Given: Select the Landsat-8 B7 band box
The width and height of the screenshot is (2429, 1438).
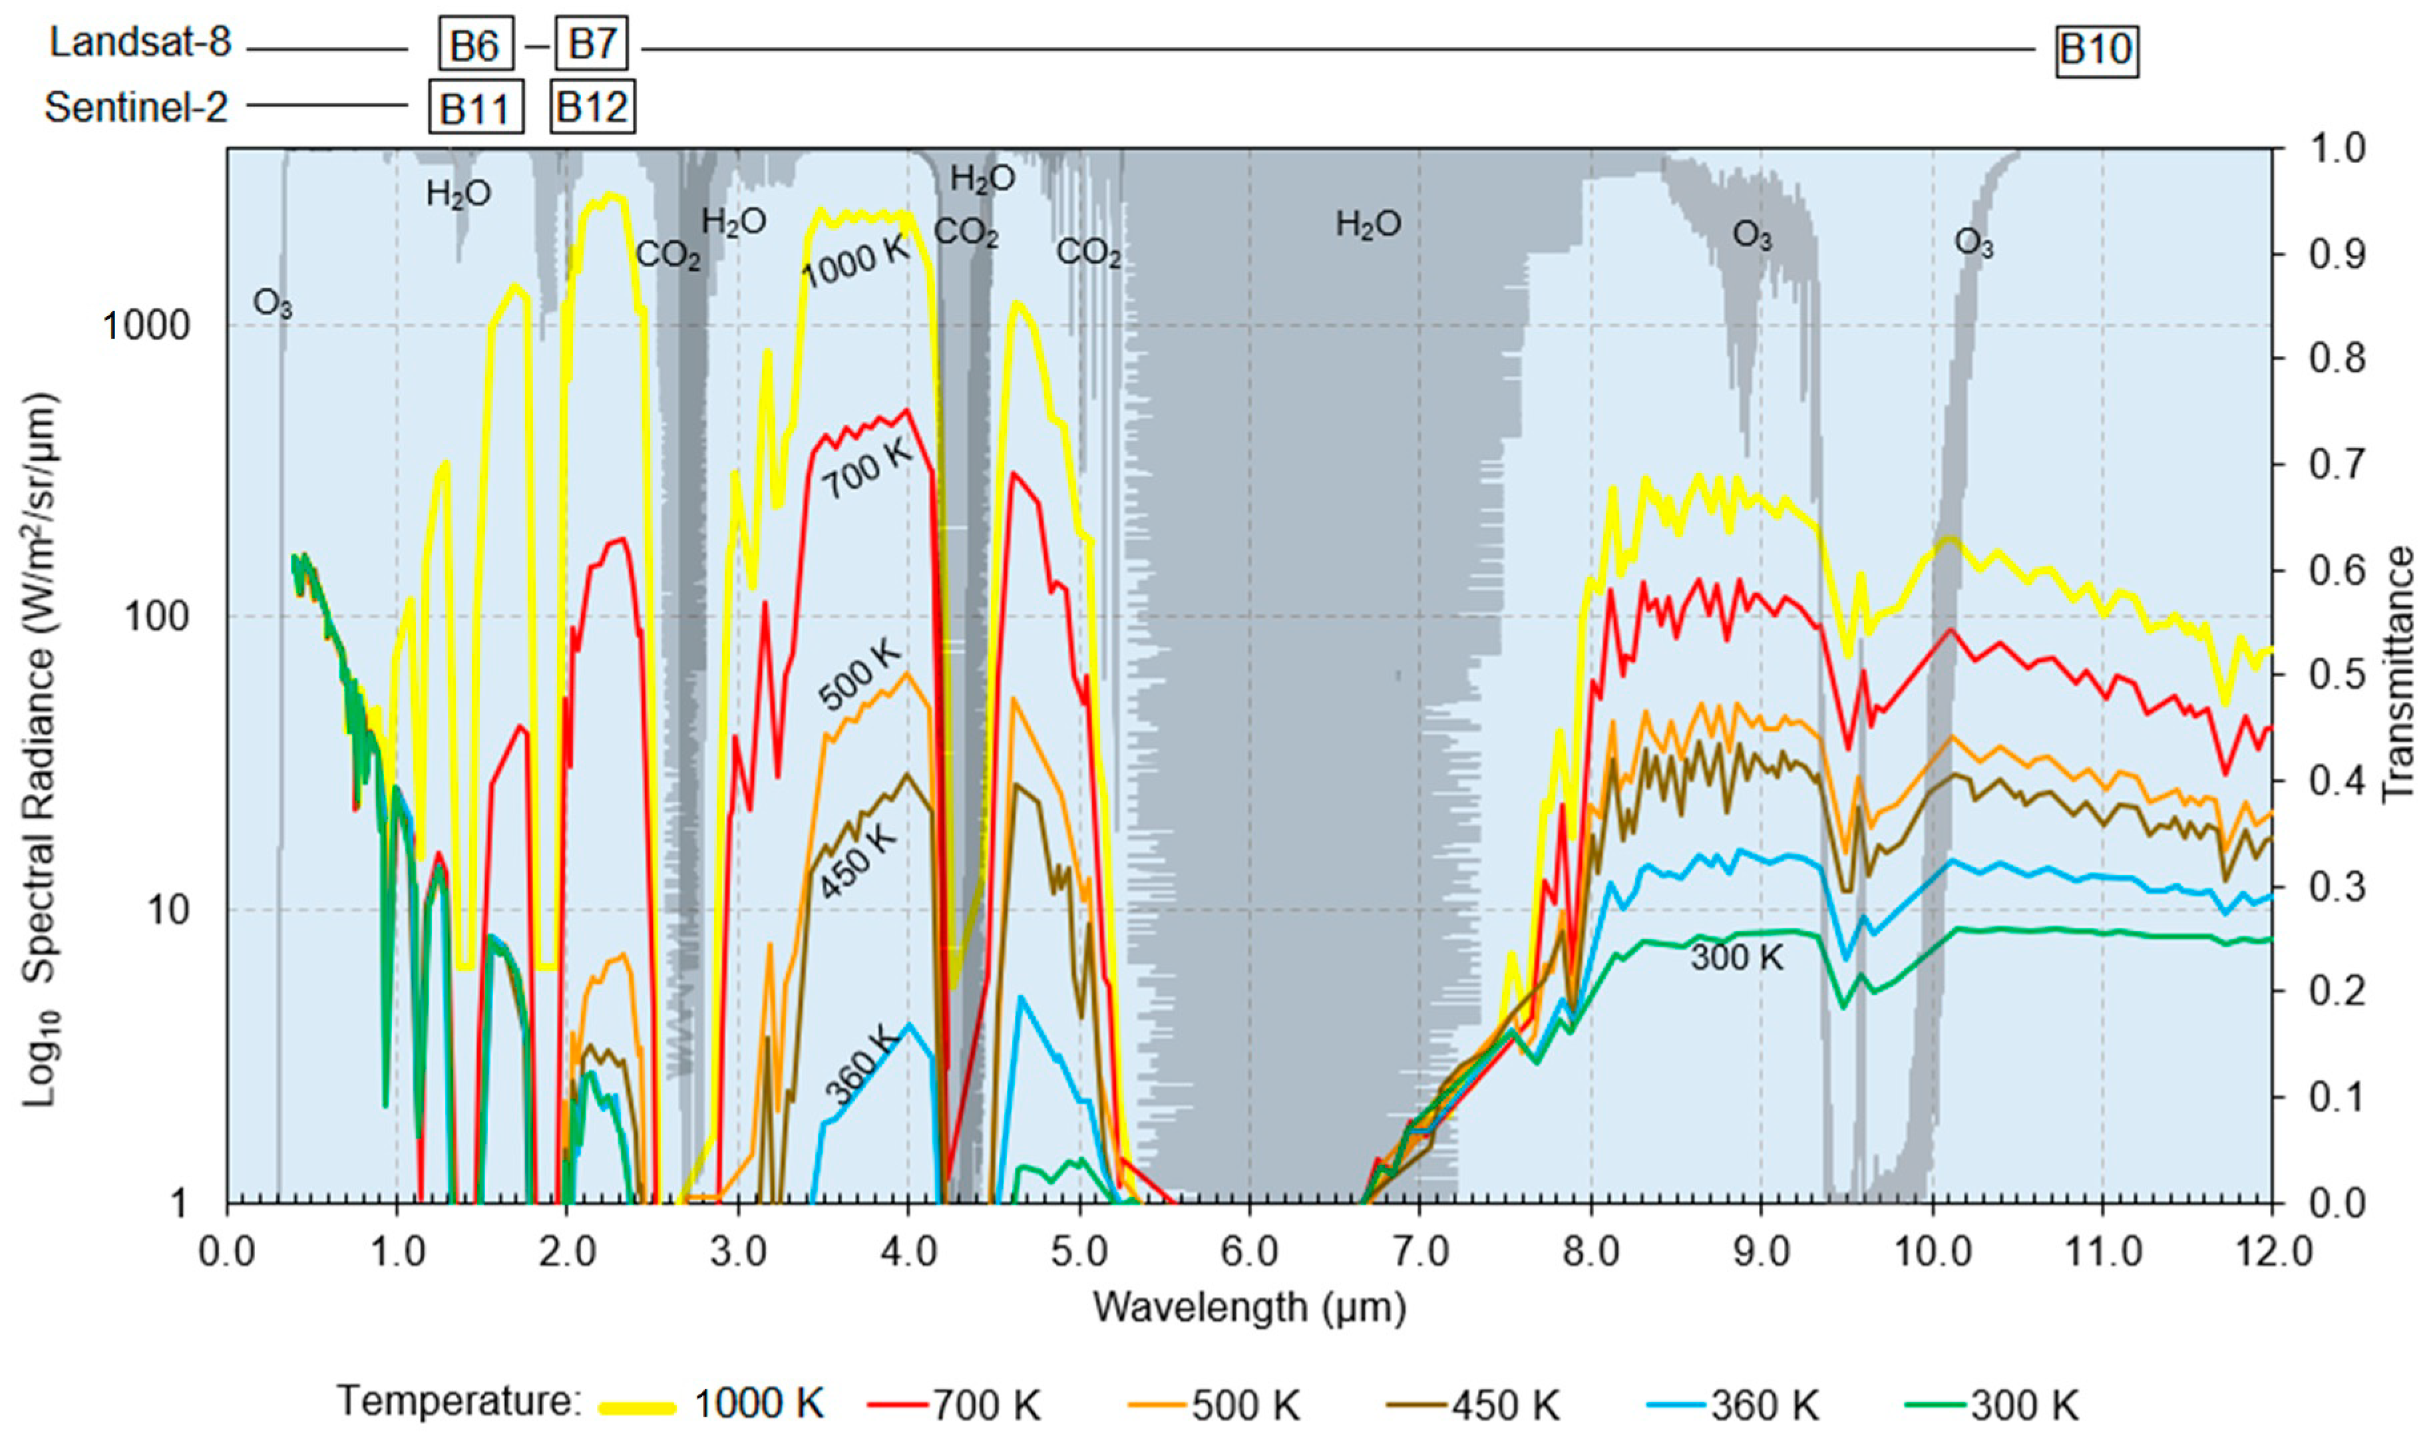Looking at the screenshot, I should click(x=591, y=44).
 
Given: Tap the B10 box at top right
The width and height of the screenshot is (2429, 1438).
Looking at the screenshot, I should click(x=2096, y=49).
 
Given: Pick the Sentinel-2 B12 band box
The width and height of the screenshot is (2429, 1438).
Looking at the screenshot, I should click(x=592, y=106).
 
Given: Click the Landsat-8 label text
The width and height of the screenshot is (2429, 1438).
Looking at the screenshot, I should click(x=140, y=43).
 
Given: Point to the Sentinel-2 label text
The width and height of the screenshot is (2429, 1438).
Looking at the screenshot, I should click(x=136, y=106).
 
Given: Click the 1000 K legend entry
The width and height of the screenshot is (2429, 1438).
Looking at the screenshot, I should click(x=758, y=1403).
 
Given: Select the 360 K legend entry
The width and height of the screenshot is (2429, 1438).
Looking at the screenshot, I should click(x=1764, y=1404).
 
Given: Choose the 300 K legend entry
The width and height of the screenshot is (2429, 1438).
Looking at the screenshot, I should click(x=2024, y=1404).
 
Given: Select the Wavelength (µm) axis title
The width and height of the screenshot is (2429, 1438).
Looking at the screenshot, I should click(x=1249, y=1307).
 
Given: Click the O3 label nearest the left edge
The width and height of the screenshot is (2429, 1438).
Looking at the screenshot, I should click(x=272, y=304).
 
